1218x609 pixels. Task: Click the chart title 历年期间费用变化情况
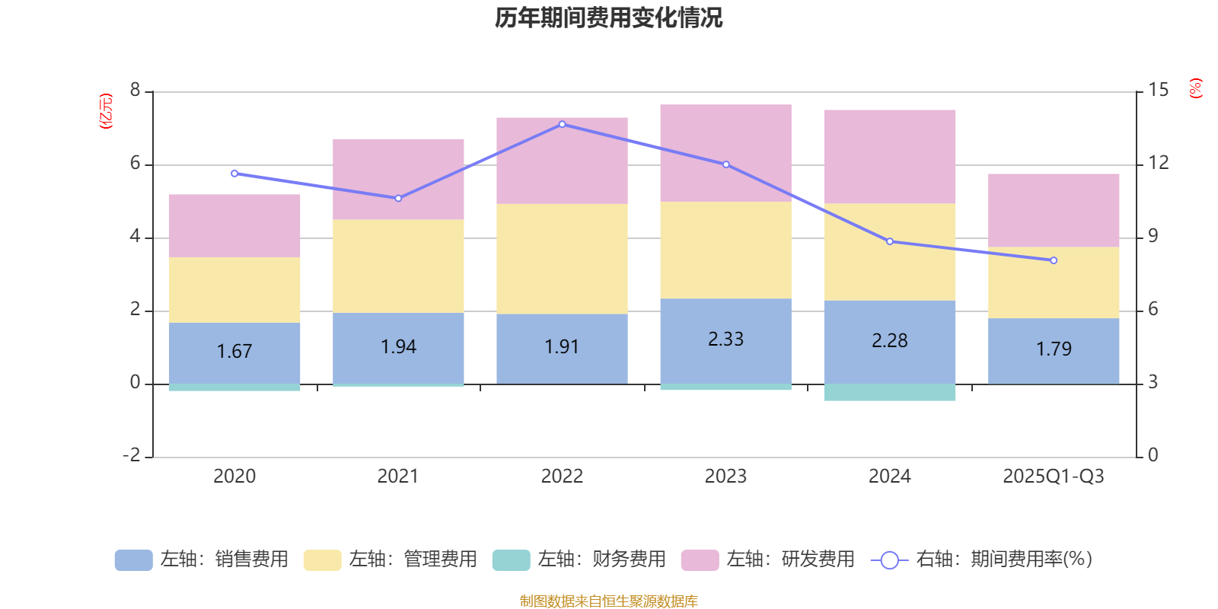pos(608,18)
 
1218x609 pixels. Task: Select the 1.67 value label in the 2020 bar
pos(234,352)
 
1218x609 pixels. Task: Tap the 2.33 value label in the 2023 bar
pos(725,340)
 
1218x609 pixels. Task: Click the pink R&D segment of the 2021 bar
pos(398,179)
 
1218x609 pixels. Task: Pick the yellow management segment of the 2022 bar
pos(562,258)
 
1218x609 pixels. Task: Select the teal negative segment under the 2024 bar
pos(889,392)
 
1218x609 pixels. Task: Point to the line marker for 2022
pos(562,124)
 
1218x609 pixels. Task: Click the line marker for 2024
pos(889,241)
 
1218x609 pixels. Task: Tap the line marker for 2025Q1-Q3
pos(1054,260)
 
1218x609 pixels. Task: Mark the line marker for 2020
pos(234,174)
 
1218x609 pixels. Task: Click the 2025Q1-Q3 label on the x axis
pos(1053,477)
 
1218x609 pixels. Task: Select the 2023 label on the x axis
pos(725,477)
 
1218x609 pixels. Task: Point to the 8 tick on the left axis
pos(136,91)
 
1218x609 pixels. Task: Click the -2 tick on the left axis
pos(132,455)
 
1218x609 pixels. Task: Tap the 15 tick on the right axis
pos(1158,91)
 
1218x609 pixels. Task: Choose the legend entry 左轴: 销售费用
pos(202,560)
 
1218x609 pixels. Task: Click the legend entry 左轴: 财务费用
pos(579,560)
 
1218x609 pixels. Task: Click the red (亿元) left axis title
pos(106,111)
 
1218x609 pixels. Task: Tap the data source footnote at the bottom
pos(608,601)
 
